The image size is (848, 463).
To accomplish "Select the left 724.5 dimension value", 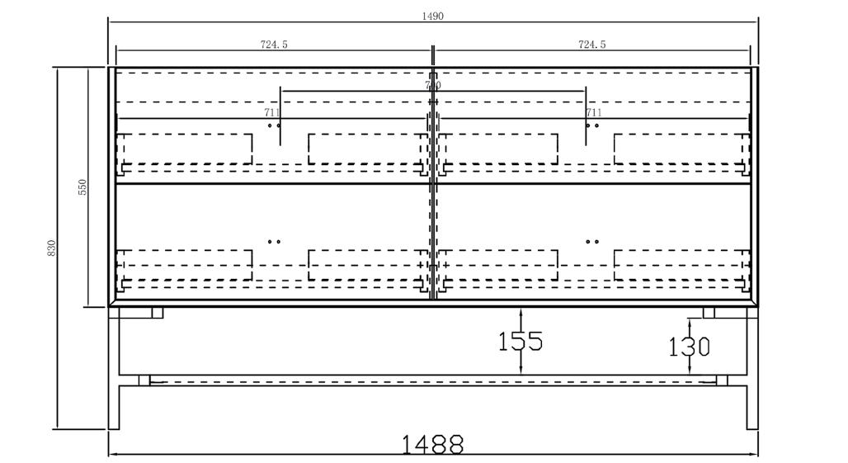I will point(274,45).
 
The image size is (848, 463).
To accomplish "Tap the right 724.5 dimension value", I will point(591,45).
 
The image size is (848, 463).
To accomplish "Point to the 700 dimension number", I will point(432,85).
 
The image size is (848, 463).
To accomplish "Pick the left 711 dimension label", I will point(272,112).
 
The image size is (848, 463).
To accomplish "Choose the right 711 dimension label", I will point(593,112).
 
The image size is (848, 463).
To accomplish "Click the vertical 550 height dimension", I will point(82,187).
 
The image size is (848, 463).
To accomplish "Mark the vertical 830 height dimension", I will point(51,248).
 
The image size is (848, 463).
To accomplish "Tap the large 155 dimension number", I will point(521,341).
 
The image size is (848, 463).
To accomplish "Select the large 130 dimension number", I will point(689,347).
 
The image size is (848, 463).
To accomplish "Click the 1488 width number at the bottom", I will point(432,445).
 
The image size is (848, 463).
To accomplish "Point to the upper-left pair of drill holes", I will point(274,125).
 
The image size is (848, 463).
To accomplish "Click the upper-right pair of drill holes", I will point(591,125).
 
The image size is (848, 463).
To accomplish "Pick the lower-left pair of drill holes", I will point(274,242).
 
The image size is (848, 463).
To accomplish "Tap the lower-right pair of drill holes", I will point(591,242).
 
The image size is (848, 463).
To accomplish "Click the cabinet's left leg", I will point(114,371).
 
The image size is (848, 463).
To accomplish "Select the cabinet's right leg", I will point(751,371).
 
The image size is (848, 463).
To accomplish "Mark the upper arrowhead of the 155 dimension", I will point(521,313).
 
